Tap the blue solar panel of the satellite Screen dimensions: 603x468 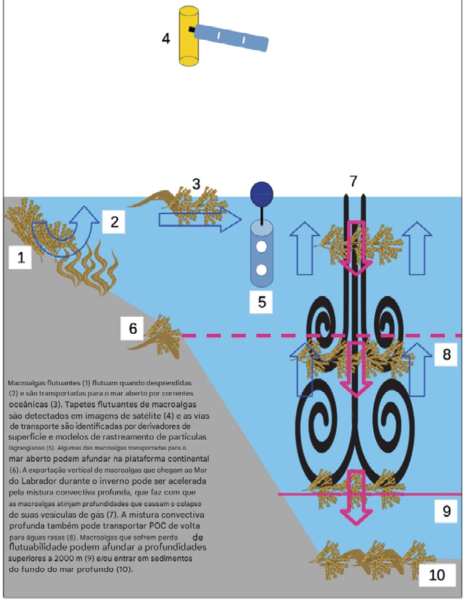click(230, 37)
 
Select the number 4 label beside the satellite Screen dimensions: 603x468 click(166, 37)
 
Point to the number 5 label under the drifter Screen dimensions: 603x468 click(261, 300)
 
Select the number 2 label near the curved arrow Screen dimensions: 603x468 click(114, 221)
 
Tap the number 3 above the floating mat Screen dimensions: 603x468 click(197, 184)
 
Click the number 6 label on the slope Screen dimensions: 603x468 click(133, 329)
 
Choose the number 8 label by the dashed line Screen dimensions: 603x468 click(446, 354)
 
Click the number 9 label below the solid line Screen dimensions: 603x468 click(446, 511)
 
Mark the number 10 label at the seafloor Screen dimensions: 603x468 click(437, 574)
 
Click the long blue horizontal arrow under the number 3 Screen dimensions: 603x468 click(200, 219)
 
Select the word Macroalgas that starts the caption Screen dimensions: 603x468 click(28, 380)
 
